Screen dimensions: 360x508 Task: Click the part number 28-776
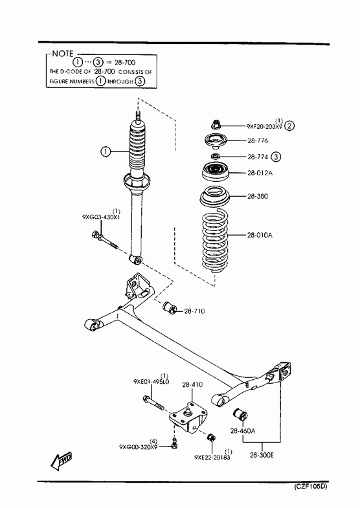[x=258, y=141]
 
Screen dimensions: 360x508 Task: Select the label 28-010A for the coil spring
[x=260, y=235]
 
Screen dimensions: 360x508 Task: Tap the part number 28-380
[x=258, y=196]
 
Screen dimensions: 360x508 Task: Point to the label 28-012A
[x=260, y=173]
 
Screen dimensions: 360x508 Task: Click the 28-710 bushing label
[x=194, y=311]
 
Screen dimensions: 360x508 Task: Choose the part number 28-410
[x=192, y=384]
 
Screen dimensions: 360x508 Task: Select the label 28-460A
[x=243, y=431]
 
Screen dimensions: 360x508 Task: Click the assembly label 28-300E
[x=262, y=455]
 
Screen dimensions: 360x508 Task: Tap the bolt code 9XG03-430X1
[x=101, y=217]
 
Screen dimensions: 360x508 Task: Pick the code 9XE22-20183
[x=212, y=458]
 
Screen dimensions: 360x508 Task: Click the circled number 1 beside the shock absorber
[x=106, y=151]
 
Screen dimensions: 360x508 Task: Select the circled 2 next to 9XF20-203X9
[x=289, y=126]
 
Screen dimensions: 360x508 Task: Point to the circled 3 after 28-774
[x=276, y=157]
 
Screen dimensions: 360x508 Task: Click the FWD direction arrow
[x=62, y=460]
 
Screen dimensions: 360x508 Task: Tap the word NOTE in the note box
[x=63, y=54]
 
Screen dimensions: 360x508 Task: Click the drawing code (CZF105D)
[x=310, y=487]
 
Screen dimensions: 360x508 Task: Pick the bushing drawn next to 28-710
[x=168, y=307]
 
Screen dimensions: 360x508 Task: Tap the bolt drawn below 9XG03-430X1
[x=105, y=240]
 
